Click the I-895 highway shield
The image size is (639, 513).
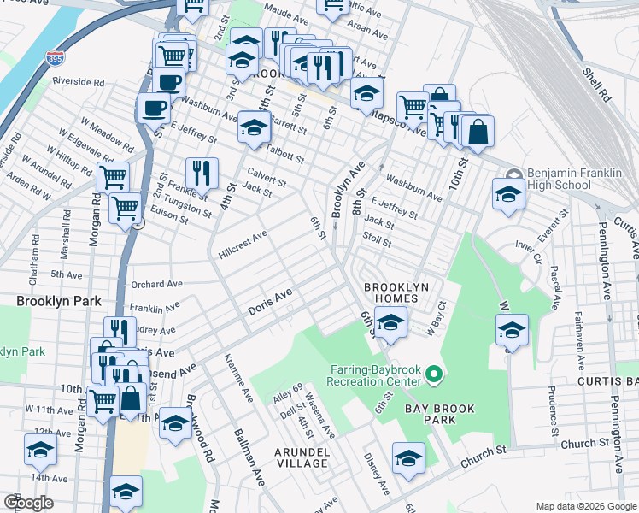click(53, 59)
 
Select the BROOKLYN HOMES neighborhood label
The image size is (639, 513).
click(396, 292)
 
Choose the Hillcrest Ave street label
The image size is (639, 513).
click(243, 245)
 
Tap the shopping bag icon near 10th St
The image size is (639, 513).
click(478, 132)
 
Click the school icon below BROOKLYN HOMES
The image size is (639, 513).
click(390, 322)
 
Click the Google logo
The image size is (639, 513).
click(28, 503)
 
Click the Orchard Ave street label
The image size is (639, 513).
click(156, 284)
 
